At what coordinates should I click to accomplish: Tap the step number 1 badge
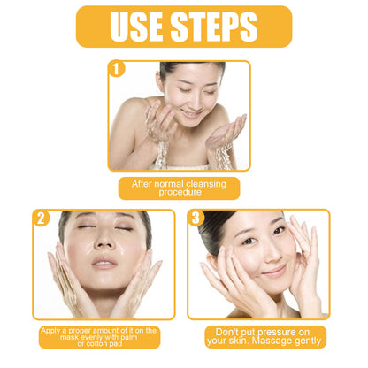(x=118, y=69)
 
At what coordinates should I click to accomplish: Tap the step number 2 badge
(x=42, y=218)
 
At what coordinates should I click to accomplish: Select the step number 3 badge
(x=196, y=218)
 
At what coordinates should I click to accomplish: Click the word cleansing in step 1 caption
(x=205, y=183)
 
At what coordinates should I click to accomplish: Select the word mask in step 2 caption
(x=57, y=337)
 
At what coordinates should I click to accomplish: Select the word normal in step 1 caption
(x=165, y=183)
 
